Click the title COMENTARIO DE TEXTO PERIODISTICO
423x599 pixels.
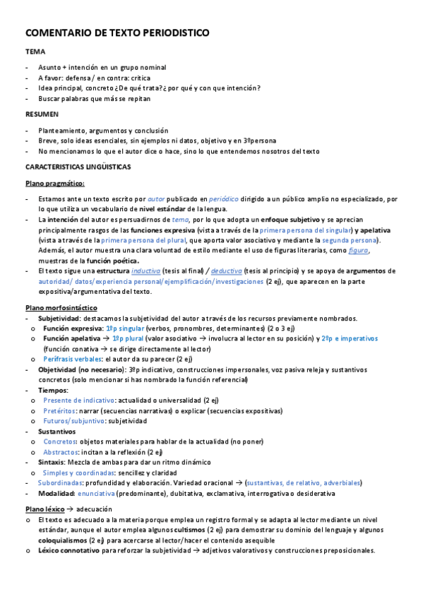click(x=117, y=33)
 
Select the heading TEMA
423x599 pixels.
click(x=35, y=52)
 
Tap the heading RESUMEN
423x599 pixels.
click(x=42, y=113)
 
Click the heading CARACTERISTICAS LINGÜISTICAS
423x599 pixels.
click(x=83, y=167)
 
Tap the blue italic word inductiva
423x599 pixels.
click(x=146, y=271)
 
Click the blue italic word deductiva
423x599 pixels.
click(x=227, y=271)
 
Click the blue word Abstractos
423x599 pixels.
click(x=61, y=451)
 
